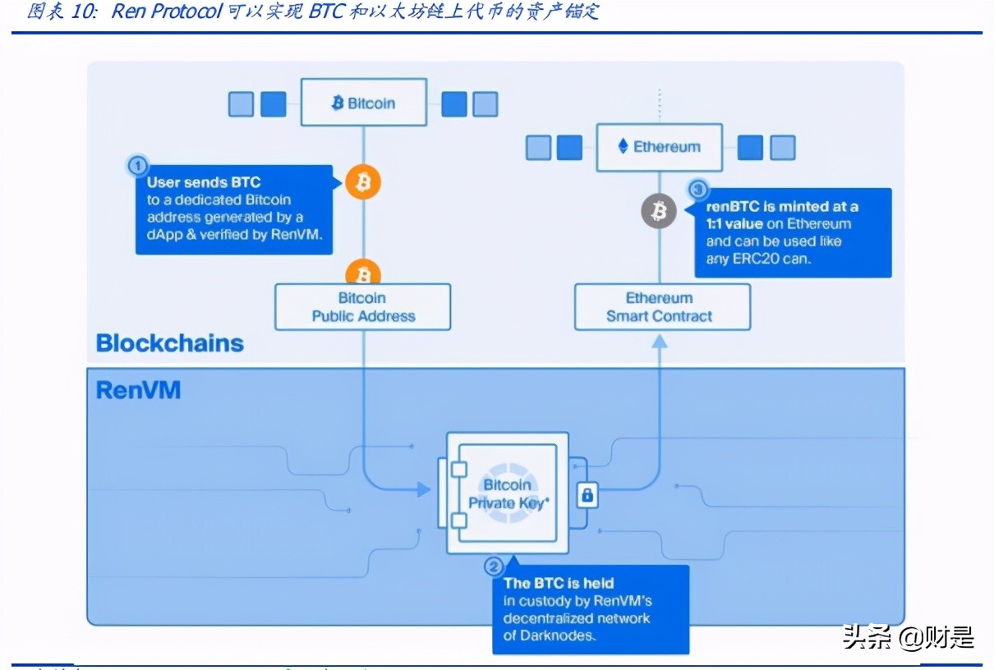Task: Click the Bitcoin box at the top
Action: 363,103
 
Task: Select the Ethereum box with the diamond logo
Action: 659,147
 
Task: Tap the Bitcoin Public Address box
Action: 362,307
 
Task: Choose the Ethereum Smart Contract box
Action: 661,307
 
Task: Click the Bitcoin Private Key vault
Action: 507,493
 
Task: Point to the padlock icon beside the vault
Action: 587,494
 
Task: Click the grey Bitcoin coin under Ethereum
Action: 658,213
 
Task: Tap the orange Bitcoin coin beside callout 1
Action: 362,182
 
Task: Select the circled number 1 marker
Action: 137,165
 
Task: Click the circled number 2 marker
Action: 493,566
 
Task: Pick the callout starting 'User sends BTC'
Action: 233,209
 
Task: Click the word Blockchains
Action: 170,343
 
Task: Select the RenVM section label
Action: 138,389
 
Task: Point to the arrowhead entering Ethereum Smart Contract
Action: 660,339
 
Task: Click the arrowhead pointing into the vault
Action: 423,490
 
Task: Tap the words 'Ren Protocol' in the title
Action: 167,11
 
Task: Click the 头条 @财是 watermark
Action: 908,636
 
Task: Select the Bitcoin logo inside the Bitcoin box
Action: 337,103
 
